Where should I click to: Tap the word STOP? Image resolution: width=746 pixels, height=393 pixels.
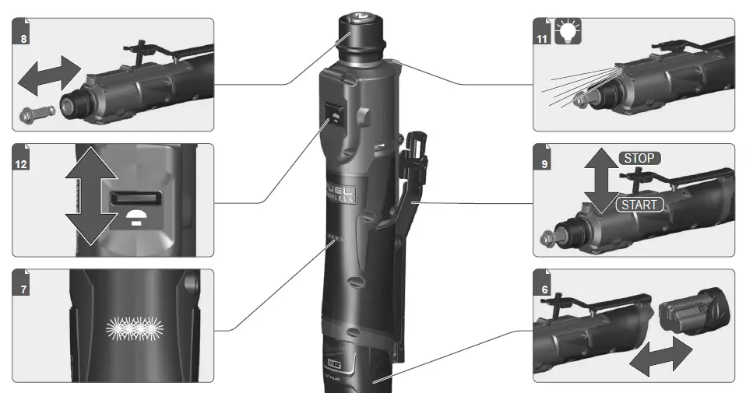tap(639, 159)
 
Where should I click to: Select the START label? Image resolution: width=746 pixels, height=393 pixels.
tap(639, 205)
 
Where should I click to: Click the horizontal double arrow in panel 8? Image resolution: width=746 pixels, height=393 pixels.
tap(48, 75)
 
